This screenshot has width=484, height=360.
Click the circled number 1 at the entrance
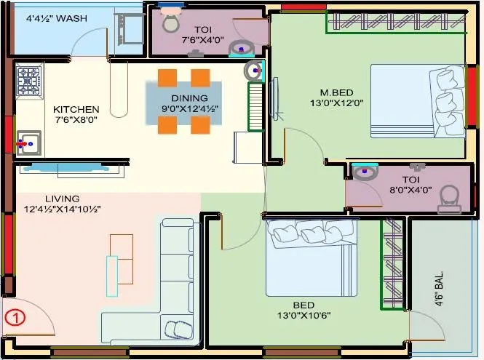[15, 317]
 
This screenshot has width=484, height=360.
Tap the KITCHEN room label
[76, 110]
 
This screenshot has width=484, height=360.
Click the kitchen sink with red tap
[29, 143]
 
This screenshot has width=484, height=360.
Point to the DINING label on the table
[189, 98]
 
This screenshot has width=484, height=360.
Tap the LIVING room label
[62, 199]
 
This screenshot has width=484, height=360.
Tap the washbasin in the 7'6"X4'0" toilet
[241, 49]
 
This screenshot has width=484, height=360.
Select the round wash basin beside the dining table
[253, 71]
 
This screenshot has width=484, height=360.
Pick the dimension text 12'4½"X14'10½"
[62, 209]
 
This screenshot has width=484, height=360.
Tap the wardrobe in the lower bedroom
[392, 263]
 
